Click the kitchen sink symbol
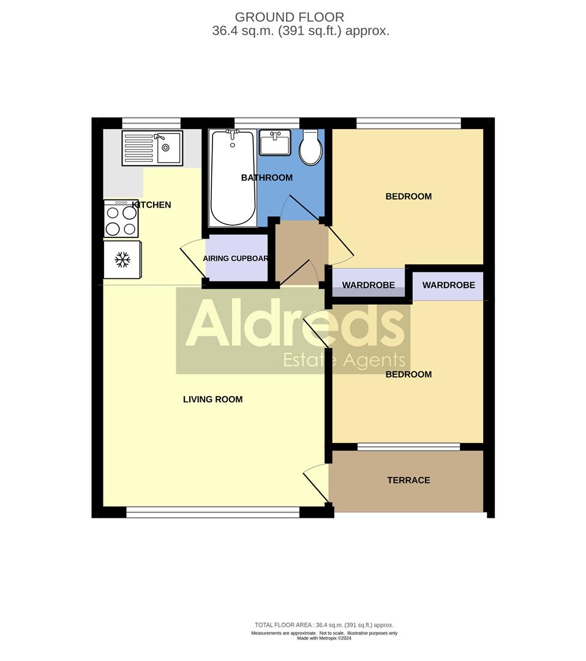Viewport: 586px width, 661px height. point(152,148)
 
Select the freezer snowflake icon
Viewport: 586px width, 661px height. point(122,260)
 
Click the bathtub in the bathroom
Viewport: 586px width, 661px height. point(232,177)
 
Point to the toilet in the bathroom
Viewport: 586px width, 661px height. point(311,148)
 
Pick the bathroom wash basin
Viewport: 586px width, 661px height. point(274,143)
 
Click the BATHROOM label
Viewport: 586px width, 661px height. point(266,178)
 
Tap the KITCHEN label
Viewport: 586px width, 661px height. point(152,205)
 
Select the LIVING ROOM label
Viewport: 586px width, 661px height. point(212,400)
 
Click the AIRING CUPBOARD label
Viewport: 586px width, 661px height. point(236,259)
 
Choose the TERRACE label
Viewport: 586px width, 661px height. point(408,480)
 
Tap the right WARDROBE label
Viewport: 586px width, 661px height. point(448,285)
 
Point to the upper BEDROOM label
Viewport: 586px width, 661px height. point(408,196)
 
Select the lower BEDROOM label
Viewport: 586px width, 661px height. point(408,375)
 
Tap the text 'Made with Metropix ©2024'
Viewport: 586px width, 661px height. point(324,638)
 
